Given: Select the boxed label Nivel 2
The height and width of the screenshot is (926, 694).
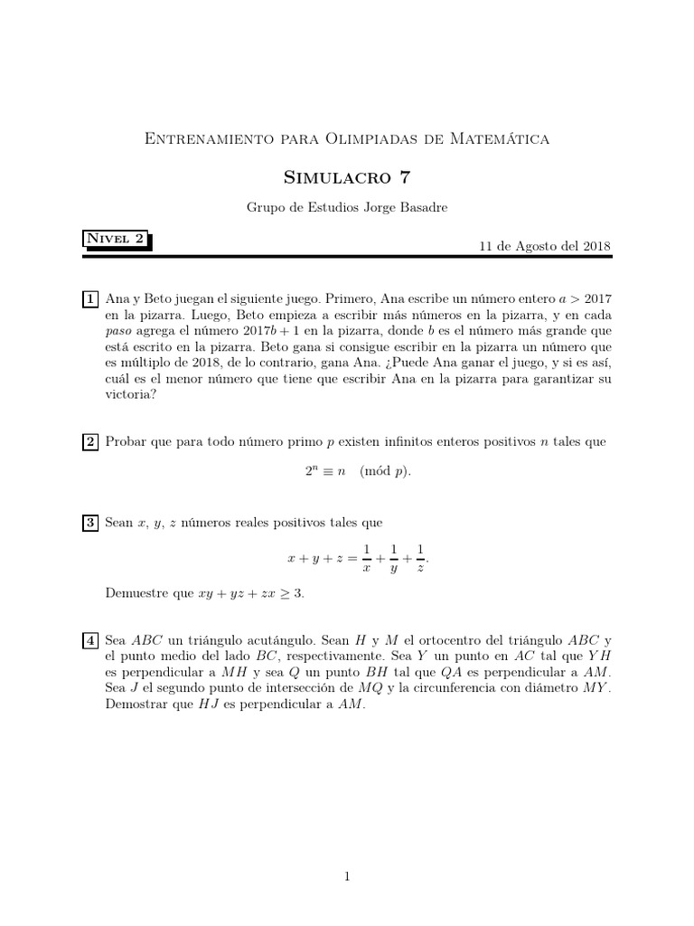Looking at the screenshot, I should tap(115, 240).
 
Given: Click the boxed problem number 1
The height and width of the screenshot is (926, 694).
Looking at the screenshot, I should tap(90, 298).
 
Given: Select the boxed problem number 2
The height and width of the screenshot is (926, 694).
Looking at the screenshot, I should tap(90, 442).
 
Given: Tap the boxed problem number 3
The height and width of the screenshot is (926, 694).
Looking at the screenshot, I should tap(90, 523).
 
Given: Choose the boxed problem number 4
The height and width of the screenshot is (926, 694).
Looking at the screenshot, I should tap(90, 641).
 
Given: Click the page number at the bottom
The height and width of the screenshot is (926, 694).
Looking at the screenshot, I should tap(347, 875).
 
